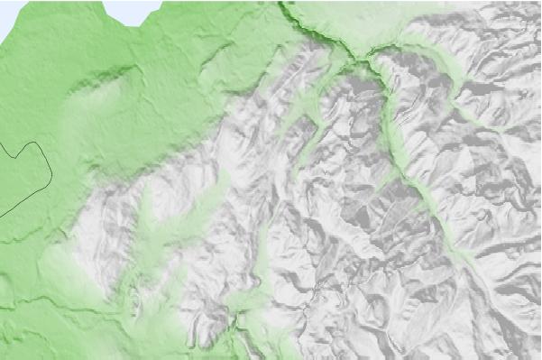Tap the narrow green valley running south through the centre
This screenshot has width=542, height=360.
pyautogui.click(x=262, y=244)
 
